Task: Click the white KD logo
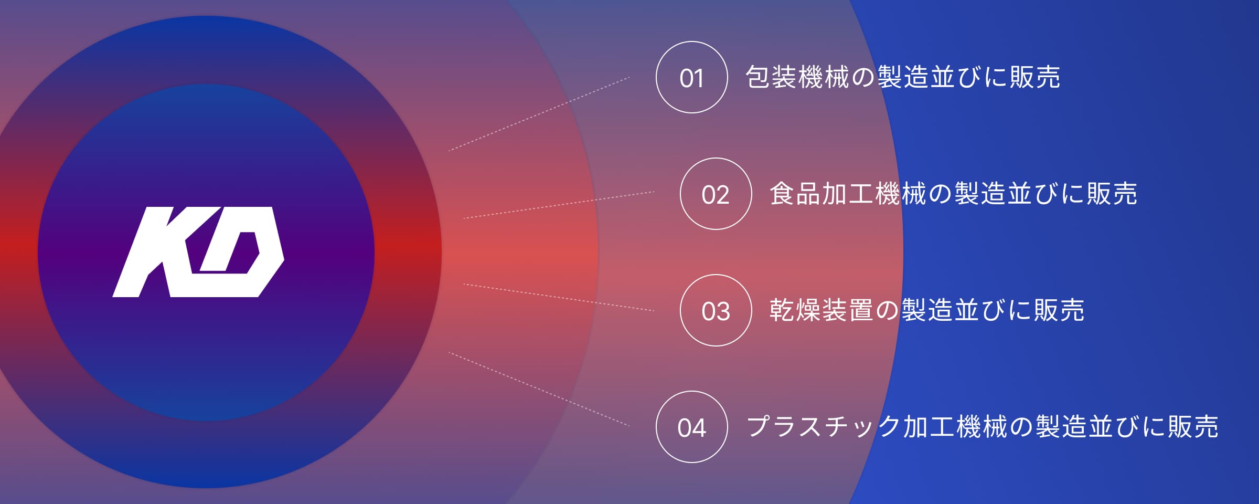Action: (198, 252)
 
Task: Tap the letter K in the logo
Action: (152, 252)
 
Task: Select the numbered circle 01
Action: (691, 77)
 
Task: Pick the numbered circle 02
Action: (716, 194)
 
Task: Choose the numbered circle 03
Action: (716, 310)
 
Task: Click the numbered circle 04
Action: (691, 427)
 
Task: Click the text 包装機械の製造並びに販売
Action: (902, 77)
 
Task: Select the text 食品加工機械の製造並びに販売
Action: (953, 194)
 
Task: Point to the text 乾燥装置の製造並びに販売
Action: (926, 310)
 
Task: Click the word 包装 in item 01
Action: (771, 77)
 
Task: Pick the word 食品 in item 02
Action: (795, 194)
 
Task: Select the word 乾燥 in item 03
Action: (795, 310)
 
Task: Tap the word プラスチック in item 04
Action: (824, 427)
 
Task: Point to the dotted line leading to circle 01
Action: (539, 114)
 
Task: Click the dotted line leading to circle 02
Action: (559, 205)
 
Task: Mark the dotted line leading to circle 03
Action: (559, 298)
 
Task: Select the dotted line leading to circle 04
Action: (539, 389)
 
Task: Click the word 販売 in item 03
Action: (1059, 310)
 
